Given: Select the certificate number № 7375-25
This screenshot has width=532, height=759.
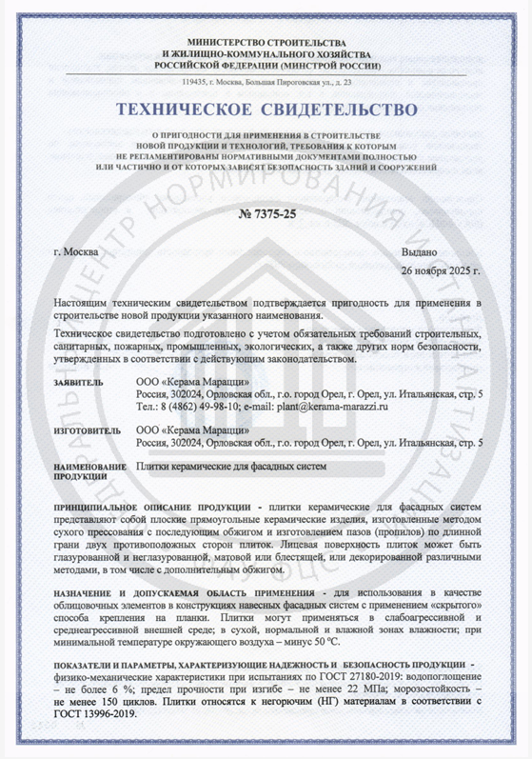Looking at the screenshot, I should (266, 214).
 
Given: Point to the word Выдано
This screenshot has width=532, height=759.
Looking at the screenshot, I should (420, 251).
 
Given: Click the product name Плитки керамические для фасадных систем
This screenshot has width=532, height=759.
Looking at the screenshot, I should (231, 468).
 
